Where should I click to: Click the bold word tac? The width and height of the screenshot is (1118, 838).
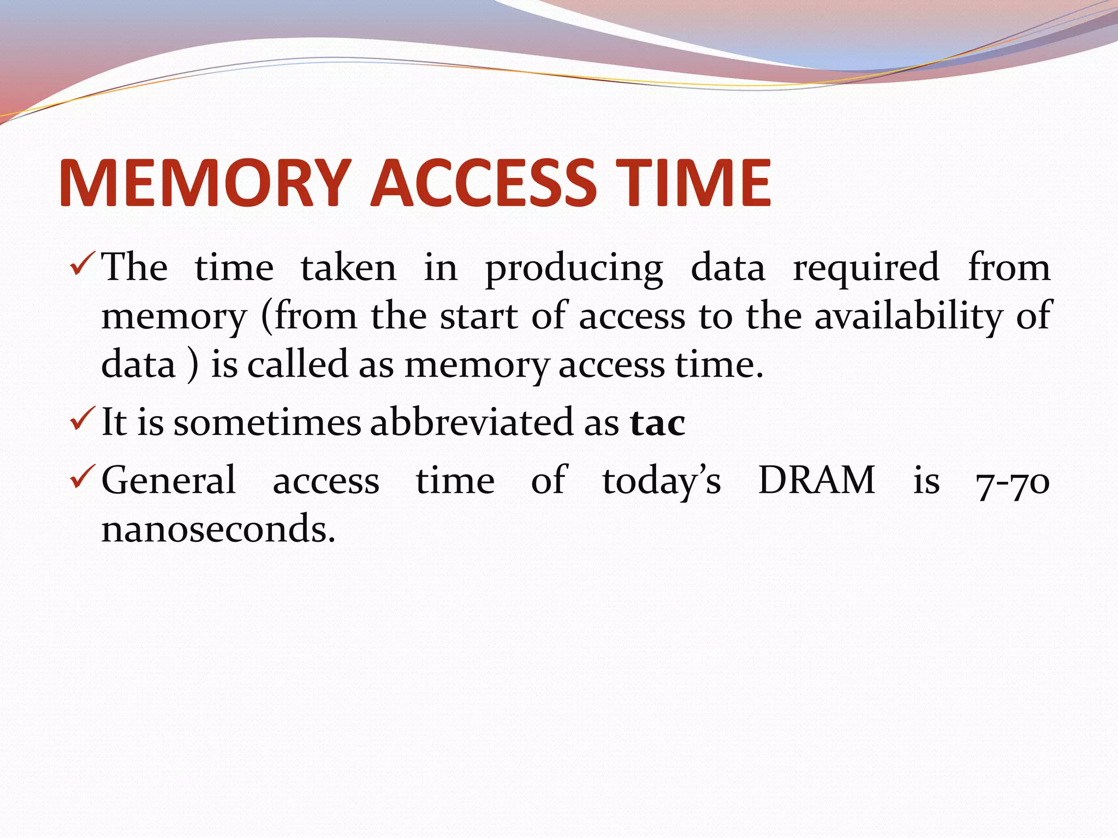658,423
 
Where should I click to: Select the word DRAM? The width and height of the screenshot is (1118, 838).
817,481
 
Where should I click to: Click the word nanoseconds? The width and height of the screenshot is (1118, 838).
218,529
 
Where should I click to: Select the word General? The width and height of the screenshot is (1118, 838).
169,481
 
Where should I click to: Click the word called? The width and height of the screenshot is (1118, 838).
298,364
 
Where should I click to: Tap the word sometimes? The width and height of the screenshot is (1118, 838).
267,423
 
